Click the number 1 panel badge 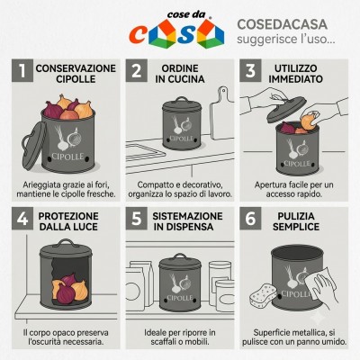click(22, 71)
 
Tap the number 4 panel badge click(22, 219)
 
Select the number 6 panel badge click(250, 219)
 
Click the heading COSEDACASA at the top click(282, 24)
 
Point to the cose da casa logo click(176, 30)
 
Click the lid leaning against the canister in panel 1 click(33, 145)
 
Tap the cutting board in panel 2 click(222, 114)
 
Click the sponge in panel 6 click(264, 296)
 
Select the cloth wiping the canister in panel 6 click(320, 279)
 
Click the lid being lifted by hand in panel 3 click(286, 109)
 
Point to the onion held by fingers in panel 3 click(309, 121)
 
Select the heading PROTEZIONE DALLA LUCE click(68, 221)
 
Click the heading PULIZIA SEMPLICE click(296, 221)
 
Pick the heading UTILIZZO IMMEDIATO click(295, 74)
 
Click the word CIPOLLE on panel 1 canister click(67, 157)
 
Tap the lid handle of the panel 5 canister click(180, 256)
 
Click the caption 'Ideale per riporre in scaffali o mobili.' click(180, 337)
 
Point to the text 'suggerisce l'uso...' click(286, 39)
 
